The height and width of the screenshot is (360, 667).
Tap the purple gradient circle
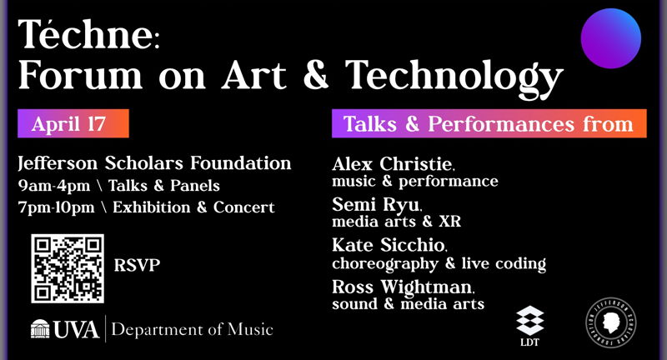[610, 38]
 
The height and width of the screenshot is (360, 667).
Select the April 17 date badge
[73, 124]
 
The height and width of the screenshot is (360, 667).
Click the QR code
[68, 267]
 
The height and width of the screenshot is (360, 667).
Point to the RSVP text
[138, 267]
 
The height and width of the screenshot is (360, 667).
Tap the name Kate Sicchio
[389, 246]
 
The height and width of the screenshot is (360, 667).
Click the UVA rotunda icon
[40, 329]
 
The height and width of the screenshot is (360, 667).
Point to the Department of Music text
[192, 329]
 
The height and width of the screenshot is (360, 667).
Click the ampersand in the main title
[318, 77]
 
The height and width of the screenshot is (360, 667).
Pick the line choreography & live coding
[439, 264]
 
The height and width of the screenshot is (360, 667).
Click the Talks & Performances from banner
[489, 124]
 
